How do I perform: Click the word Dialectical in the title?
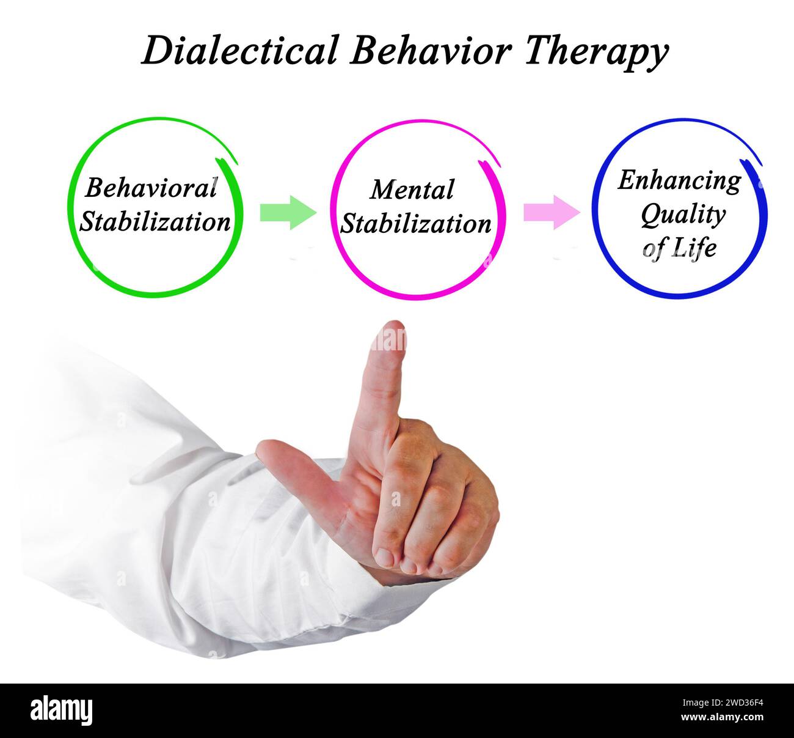click(239, 50)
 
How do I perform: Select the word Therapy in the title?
click(595, 51)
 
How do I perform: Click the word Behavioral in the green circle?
click(151, 188)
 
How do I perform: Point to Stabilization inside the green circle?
click(155, 221)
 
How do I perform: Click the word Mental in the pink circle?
click(412, 190)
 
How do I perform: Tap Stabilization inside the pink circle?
click(415, 224)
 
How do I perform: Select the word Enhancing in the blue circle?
click(679, 180)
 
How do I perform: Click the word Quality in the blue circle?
click(683, 214)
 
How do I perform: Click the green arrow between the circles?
click(288, 213)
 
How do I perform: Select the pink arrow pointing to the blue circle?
click(552, 213)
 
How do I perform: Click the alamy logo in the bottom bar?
click(62, 711)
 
